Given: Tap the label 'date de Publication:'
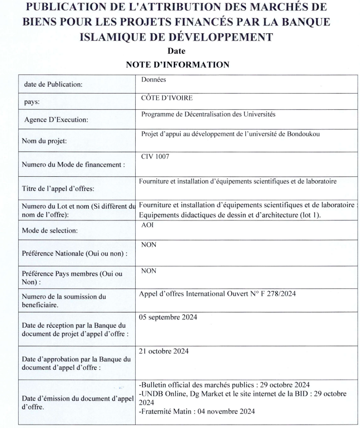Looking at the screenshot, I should [53, 84].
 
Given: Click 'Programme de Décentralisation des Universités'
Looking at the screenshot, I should [208, 115].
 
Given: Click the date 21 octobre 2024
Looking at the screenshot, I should [164, 351].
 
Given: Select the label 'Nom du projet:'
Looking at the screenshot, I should [43, 142].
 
